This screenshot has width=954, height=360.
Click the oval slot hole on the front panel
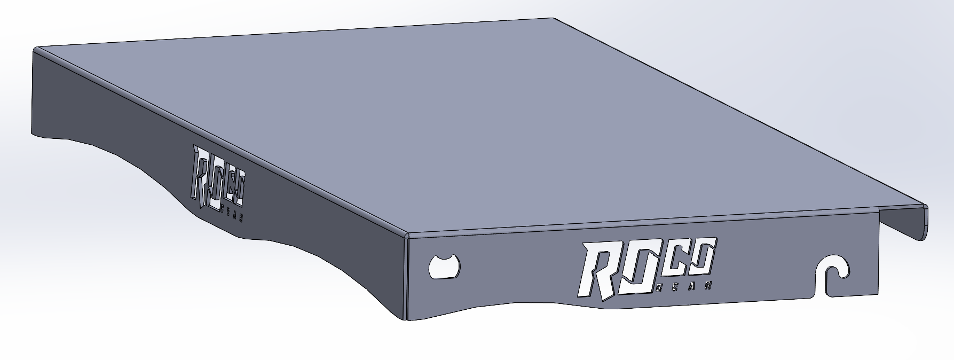[444, 266]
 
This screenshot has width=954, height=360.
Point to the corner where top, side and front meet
[407, 235]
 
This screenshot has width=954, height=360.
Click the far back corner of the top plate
[556, 19]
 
